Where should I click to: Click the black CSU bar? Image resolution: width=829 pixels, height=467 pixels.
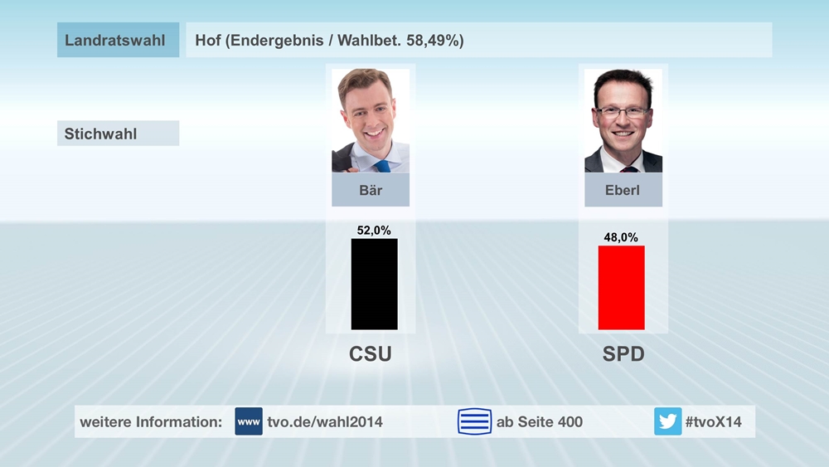click(x=374, y=284)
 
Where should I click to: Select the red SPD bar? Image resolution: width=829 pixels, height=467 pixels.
click(x=621, y=287)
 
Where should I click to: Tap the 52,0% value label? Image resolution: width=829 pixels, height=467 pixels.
click(x=374, y=231)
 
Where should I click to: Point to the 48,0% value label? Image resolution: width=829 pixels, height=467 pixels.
click(x=621, y=237)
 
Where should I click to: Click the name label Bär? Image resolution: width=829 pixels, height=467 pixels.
click(x=371, y=190)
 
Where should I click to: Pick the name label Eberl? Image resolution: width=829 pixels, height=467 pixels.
click(x=623, y=190)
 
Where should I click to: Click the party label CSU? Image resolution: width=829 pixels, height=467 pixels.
click(x=370, y=354)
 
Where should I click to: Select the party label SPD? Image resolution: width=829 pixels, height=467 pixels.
click(x=623, y=354)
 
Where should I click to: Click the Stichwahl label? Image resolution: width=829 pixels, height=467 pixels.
click(x=101, y=134)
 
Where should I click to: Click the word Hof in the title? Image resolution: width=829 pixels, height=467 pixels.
click(x=207, y=40)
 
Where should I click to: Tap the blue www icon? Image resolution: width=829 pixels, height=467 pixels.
click(x=249, y=421)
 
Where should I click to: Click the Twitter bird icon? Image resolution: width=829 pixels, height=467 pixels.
click(x=667, y=421)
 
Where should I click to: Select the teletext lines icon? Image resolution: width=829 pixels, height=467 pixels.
click(x=474, y=421)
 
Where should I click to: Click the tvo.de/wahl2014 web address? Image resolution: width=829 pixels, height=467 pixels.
click(x=325, y=421)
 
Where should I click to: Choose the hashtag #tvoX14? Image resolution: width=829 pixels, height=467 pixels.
click(x=713, y=421)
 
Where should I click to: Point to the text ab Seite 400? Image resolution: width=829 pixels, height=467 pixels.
click(x=539, y=421)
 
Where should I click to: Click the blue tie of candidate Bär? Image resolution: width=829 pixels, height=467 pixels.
click(x=382, y=166)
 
